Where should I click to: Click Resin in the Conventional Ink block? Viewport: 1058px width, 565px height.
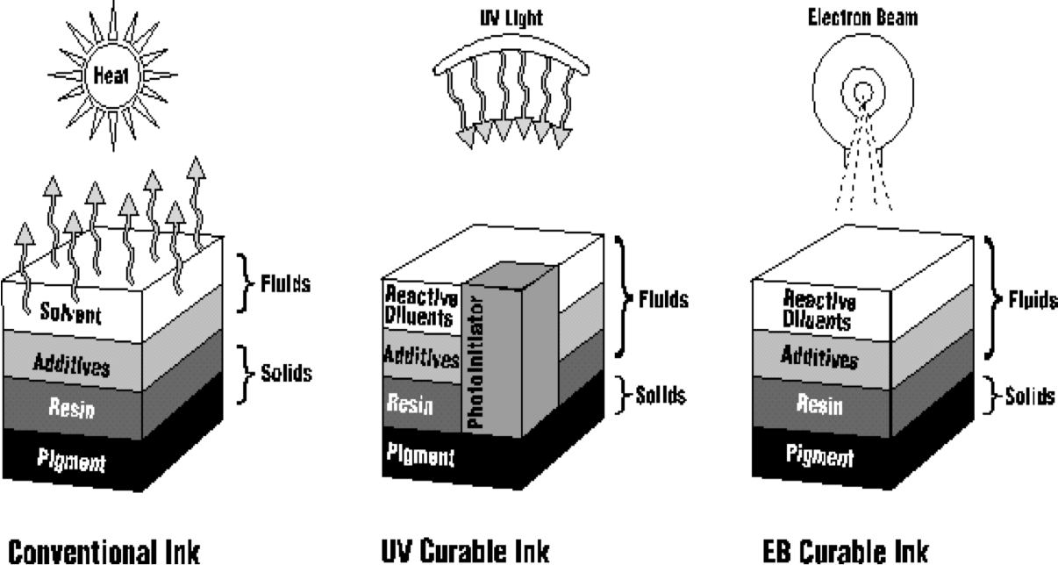coord(72,410)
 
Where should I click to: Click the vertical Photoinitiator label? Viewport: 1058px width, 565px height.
coord(476,360)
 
